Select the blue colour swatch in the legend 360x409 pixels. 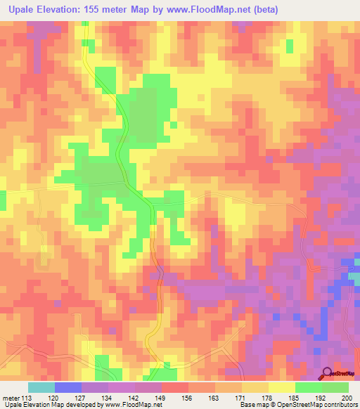67,387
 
